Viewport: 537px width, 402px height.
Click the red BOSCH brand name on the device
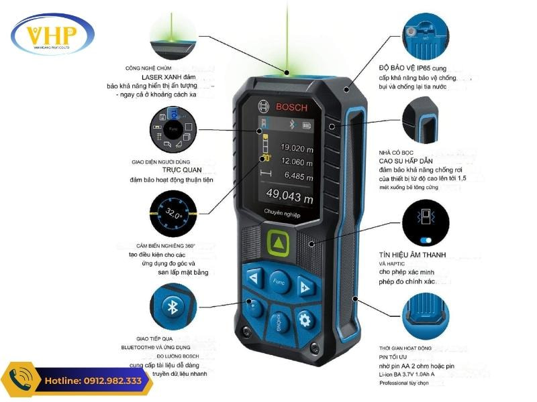[x=291, y=108]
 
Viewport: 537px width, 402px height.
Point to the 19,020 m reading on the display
[x=297, y=147]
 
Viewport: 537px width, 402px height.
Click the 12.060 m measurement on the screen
[x=297, y=161]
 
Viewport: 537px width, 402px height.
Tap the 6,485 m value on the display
[x=298, y=176]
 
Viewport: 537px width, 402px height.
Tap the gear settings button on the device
[x=306, y=320]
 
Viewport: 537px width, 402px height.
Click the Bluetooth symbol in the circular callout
[x=172, y=306]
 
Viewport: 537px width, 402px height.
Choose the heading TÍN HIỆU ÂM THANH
[x=412, y=255]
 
